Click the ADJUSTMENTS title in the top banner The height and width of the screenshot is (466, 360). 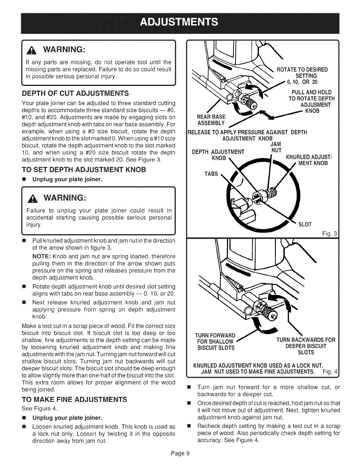pyautogui.click(x=180, y=22)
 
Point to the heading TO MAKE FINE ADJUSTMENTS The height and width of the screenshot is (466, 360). pyautogui.click(x=75, y=399)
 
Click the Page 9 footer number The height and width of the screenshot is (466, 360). pyautogui.click(x=180, y=453)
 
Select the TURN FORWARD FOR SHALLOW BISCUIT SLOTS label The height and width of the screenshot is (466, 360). pyautogui.click(x=215, y=342)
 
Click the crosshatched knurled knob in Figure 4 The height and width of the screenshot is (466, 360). pyautogui.click(x=270, y=314)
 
